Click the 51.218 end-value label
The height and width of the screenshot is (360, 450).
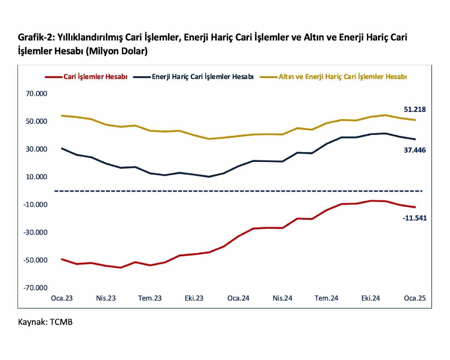point(415,109)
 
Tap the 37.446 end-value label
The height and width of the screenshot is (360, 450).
point(415,150)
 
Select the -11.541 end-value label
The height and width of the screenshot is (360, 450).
point(415,218)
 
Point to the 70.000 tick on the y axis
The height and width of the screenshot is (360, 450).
point(37,94)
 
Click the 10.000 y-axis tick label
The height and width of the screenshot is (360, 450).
point(37,177)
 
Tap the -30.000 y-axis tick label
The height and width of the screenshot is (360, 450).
point(35,232)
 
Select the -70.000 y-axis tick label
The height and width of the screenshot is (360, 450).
point(35,288)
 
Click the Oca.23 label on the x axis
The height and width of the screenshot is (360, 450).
point(62,298)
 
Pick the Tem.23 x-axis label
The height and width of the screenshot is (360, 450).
point(150,298)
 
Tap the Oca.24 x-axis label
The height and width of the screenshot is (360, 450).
point(238,298)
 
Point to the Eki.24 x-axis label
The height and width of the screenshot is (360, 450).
point(370,298)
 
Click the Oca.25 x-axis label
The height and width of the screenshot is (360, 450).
point(415,298)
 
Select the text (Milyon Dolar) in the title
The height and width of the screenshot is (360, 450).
point(117,51)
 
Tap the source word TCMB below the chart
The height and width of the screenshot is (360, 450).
point(61,322)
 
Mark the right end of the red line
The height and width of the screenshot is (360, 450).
point(415,207)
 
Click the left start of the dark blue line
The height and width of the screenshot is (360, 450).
point(62,148)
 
